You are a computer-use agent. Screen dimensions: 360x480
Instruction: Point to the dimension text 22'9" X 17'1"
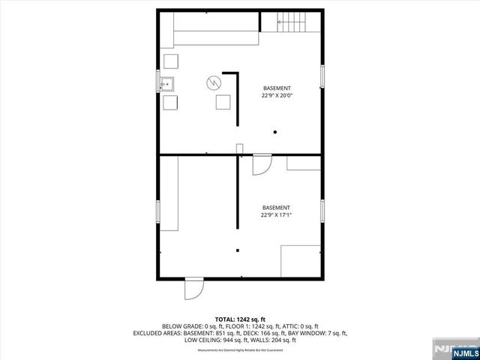[276, 215]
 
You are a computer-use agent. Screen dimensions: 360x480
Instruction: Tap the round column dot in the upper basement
[276, 132]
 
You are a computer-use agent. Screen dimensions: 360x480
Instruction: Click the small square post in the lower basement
[238, 250]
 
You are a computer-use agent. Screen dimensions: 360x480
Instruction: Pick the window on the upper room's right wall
[323, 78]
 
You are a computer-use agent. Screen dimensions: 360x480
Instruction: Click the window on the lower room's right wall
[323, 211]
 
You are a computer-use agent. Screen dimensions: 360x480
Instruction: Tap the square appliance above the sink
[171, 62]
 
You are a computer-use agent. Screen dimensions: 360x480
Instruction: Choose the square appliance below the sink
[171, 103]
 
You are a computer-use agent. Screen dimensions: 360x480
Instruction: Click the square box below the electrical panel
[223, 103]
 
